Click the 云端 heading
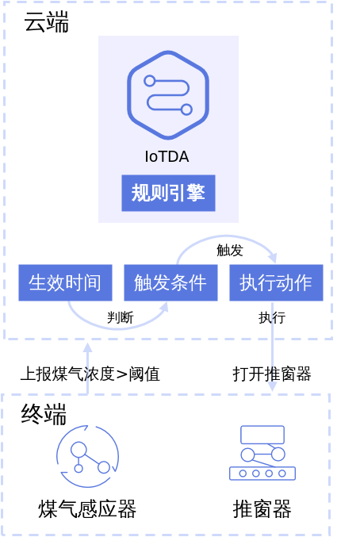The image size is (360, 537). click(x=46, y=22)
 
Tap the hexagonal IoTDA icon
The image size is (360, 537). click(x=168, y=95)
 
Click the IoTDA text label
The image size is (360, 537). click(x=167, y=156)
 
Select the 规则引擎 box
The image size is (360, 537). click(x=168, y=193)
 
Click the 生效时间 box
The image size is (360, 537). click(x=65, y=282)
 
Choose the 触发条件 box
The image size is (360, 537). click(x=170, y=282)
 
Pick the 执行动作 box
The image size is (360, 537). click(x=276, y=282)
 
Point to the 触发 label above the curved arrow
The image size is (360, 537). click(x=230, y=251)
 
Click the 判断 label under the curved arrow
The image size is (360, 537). click(x=121, y=317)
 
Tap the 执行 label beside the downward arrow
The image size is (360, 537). click(x=272, y=317)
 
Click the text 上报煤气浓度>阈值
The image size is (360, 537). click(x=90, y=374)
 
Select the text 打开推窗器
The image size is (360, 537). click(x=272, y=374)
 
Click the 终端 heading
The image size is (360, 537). click(x=44, y=414)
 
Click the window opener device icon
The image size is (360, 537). click(x=262, y=452)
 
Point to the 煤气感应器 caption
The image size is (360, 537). click(x=87, y=508)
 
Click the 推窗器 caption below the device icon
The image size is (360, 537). click(x=262, y=508)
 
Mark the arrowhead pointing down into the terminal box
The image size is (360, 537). click(x=272, y=386)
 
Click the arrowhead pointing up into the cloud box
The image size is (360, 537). click(x=88, y=347)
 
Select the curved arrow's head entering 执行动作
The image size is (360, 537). click(x=273, y=258)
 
